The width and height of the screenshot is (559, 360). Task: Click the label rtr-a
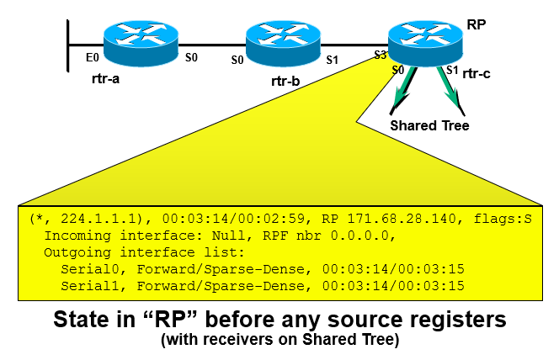pos(109,80)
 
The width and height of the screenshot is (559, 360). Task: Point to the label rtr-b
pos(285,82)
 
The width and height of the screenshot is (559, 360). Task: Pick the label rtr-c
pos(475,75)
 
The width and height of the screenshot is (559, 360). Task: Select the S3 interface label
pos(381,56)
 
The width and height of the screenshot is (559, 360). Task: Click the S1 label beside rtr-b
pos(333,60)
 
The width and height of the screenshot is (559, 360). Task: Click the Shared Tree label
pos(429,125)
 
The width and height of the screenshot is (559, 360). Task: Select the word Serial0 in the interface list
pos(88,268)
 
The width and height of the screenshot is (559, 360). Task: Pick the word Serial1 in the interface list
pos(88,285)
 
